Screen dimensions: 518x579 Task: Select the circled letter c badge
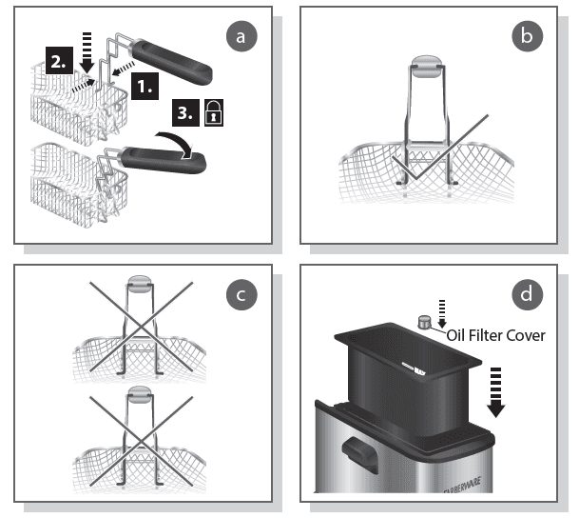pos(241,295)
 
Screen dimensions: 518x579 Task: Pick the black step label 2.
pos(58,64)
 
